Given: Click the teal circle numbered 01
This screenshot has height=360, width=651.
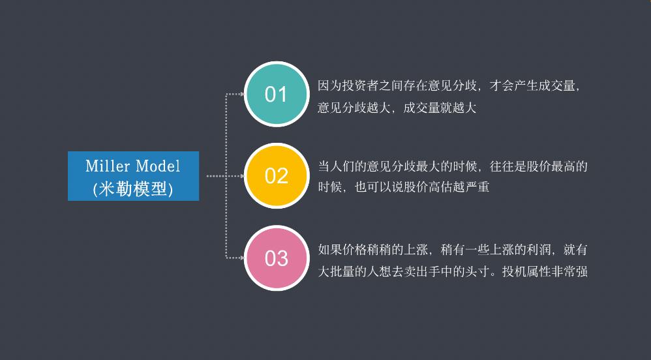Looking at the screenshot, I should pyautogui.click(x=276, y=94).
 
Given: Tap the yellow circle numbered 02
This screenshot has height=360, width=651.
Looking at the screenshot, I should pyautogui.click(x=276, y=175).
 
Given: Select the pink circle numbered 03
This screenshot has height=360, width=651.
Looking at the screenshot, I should pyautogui.click(x=276, y=258).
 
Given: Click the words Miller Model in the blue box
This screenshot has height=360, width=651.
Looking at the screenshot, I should pyautogui.click(x=133, y=166).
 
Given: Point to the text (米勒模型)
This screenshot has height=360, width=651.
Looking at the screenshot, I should pyautogui.click(x=133, y=188).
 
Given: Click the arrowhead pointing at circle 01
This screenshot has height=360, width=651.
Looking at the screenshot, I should pyautogui.click(x=241, y=94).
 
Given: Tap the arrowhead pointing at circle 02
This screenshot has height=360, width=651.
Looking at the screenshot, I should pyautogui.click(x=241, y=175).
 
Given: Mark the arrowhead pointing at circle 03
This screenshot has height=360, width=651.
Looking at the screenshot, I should pyautogui.click(x=241, y=258).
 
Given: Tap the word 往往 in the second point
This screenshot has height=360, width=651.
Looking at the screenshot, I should pyautogui.click(x=500, y=166).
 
